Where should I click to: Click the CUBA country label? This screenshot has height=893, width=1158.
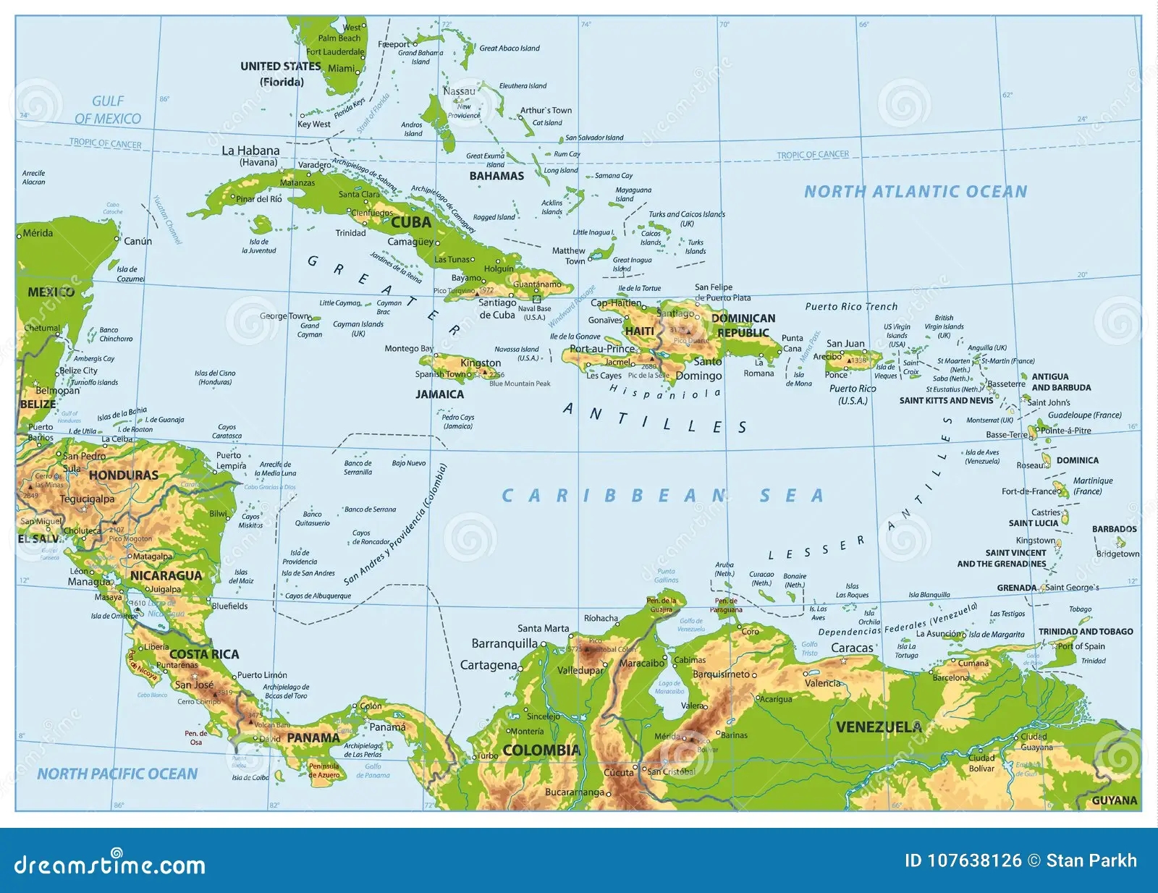411,222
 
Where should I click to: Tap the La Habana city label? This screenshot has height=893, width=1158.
250,151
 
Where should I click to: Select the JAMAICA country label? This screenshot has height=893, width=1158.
439,394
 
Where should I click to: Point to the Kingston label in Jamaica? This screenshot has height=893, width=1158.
481,363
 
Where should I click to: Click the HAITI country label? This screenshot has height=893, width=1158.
639,331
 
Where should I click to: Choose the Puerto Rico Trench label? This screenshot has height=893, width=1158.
851,306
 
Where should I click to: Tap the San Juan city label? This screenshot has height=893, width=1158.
845,343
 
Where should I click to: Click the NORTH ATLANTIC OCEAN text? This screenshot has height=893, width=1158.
916,192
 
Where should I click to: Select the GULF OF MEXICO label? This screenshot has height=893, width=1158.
108,110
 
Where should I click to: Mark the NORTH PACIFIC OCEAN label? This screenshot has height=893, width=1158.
117,774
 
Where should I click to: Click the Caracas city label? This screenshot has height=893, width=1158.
852,648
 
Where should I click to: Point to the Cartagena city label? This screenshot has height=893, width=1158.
489,664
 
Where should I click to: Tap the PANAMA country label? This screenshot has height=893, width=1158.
313,737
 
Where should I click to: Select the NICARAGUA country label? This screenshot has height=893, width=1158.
166,575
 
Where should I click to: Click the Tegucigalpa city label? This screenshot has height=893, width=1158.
87,499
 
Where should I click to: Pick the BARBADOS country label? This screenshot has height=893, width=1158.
1114,529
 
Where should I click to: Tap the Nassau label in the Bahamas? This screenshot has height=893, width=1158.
459,91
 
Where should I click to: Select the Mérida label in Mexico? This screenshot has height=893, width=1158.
38,233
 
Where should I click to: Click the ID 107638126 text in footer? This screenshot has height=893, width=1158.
963,860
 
